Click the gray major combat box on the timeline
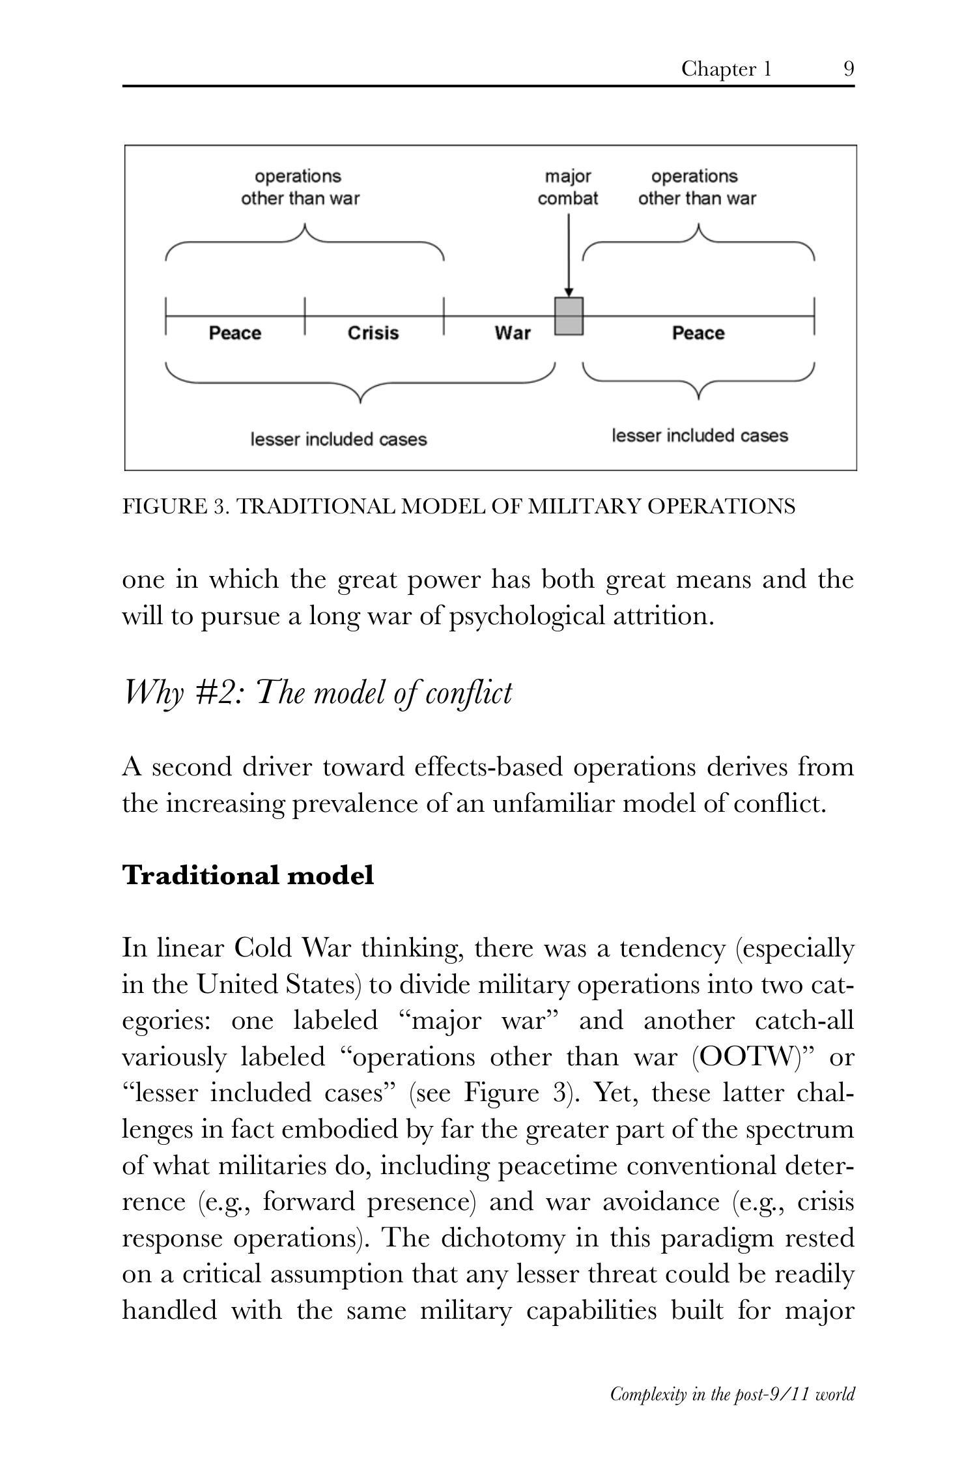[x=569, y=316]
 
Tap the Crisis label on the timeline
[x=373, y=333]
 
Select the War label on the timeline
[x=513, y=333]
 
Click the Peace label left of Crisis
[x=234, y=333]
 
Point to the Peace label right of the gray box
[x=698, y=333]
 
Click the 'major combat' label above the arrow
[x=568, y=188]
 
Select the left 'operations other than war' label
[x=300, y=188]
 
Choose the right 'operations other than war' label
[x=696, y=188]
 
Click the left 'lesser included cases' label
[x=339, y=440]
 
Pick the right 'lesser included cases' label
[x=700, y=436]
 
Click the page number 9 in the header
[x=849, y=68]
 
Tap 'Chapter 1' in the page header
[x=726, y=68]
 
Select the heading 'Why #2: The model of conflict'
[x=318, y=693]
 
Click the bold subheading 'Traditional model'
[x=248, y=875]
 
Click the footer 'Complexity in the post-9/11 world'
[x=732, y=1394]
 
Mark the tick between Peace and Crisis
[x=305, y=316]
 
